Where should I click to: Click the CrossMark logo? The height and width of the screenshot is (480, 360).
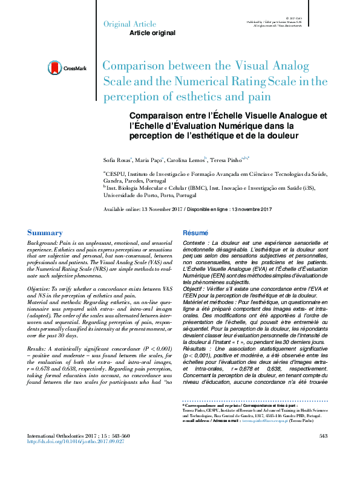point(67,69)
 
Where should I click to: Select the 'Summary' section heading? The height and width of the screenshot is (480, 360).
point(45,233)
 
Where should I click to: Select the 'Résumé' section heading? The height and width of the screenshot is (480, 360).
point(195,233)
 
